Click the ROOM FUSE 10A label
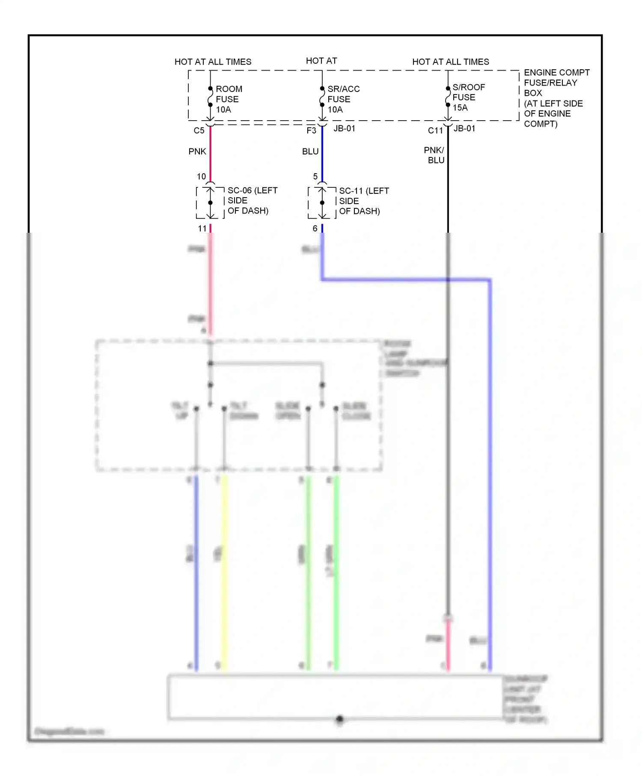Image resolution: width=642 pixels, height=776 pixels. pos(229,99)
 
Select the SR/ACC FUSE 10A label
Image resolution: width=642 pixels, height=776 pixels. pos(343,99)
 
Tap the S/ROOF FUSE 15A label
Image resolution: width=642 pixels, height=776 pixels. pos(468,98)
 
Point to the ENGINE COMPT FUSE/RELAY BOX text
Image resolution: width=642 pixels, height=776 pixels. pos(556,98)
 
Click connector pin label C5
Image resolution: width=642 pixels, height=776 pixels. pos(199,130)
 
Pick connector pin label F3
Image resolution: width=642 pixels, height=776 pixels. pos(311,130)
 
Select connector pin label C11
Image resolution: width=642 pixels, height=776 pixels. pos(435,130)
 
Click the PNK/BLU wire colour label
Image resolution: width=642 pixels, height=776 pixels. pos(434,155)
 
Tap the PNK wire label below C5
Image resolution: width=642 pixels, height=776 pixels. pos(197,151)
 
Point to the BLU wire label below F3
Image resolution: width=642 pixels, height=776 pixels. pos(310,151)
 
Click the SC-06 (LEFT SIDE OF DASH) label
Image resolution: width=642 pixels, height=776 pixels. pos(252,201)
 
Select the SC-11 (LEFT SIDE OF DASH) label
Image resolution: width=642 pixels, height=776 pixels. pos(364,201)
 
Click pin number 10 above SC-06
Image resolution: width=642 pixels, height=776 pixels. pos(201,176)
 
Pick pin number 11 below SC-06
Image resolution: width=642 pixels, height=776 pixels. pos(202,228)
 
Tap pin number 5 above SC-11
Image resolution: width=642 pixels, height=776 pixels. pos(315,176)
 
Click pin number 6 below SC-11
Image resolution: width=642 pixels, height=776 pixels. pos(315,228)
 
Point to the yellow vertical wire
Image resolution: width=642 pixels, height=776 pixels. pos(224,573)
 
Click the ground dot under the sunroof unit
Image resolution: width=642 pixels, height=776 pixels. pos(339,719)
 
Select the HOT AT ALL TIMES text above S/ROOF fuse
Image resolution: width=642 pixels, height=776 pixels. pos(450,62)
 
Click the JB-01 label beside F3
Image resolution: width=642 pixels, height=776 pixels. pos(344,128)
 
